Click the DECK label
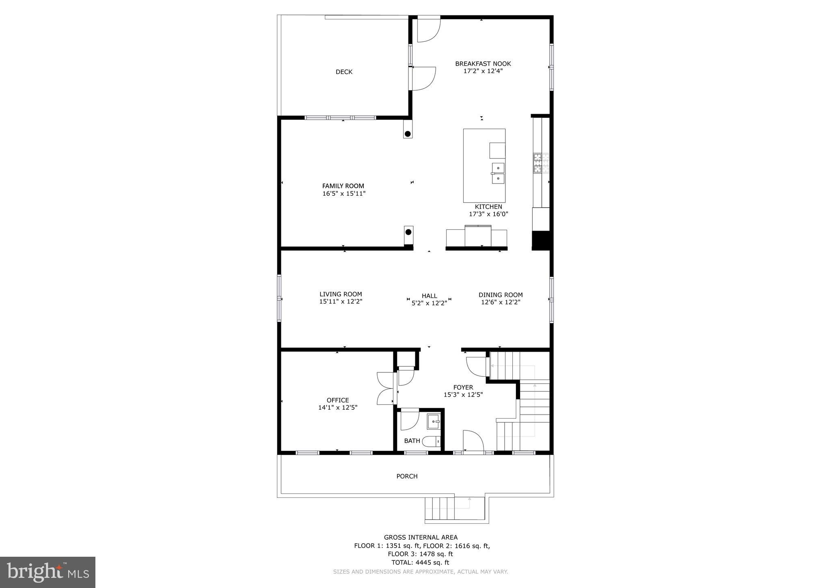[x=344, y=72]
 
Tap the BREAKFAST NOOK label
[x=483, y=64]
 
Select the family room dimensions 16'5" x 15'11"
[x=344, y=194]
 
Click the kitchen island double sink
[x=498, y=173]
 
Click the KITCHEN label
[x=488, y=207]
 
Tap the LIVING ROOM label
[x=341, y=294]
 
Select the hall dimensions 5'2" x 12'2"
[x=429, y=303]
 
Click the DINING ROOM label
[x=501, y=295]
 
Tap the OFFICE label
[x=338, y=400]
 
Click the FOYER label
[x=463, y=387]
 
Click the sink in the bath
[x=434, y=422]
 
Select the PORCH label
[x=407, y=476]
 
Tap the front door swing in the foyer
[x=473, y=441]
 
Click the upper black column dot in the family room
[x=408, y=134]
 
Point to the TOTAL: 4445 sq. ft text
[x=420, y=562]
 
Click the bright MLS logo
[x=47, y=573]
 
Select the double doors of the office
[x=386, y=389]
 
